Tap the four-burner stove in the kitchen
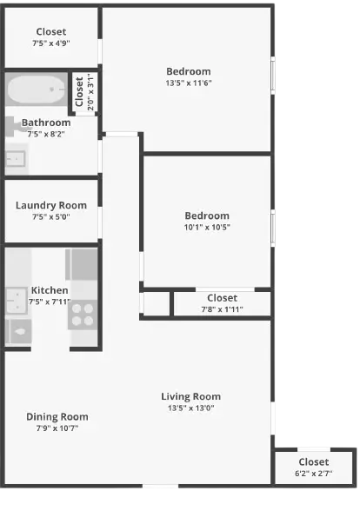click(83, 314)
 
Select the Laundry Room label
click(51, 205)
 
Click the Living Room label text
click(190, 396)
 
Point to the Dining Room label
click(57, 416)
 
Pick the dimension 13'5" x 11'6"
click(189, 83)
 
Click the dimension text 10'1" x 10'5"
click(207, 228)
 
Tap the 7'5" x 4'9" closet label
click(51, 43)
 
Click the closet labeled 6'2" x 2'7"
click(313, 468)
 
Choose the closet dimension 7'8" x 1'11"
click(222, 309)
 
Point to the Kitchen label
click(50, 290)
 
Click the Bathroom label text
click(46, 123)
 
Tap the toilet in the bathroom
click(12, 127)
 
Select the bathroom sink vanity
click(16, 159)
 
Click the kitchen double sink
click(16, 301)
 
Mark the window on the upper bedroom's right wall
click(275, 76)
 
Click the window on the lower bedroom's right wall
click(275, 228)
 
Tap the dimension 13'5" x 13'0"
click(190, 408)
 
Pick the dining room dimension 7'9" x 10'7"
click(57, 428)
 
